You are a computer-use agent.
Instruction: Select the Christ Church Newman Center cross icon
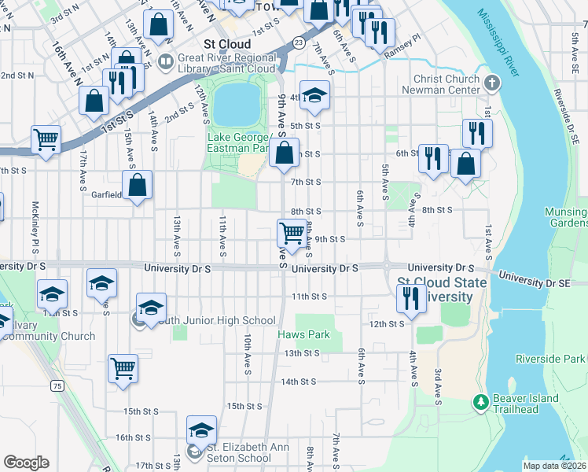[491, 82]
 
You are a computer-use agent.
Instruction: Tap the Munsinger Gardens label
[565, 218]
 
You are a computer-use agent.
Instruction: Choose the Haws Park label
[303, 335]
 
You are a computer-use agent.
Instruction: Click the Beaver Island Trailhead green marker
[481, 402]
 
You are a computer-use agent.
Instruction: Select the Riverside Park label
[551, 359]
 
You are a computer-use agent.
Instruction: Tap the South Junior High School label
[215, 320]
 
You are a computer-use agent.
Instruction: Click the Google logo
[26, 463]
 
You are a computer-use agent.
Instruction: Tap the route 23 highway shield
[298, 42]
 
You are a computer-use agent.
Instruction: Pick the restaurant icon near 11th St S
[411, 297]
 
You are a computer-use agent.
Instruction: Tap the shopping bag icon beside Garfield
[137, 186]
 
